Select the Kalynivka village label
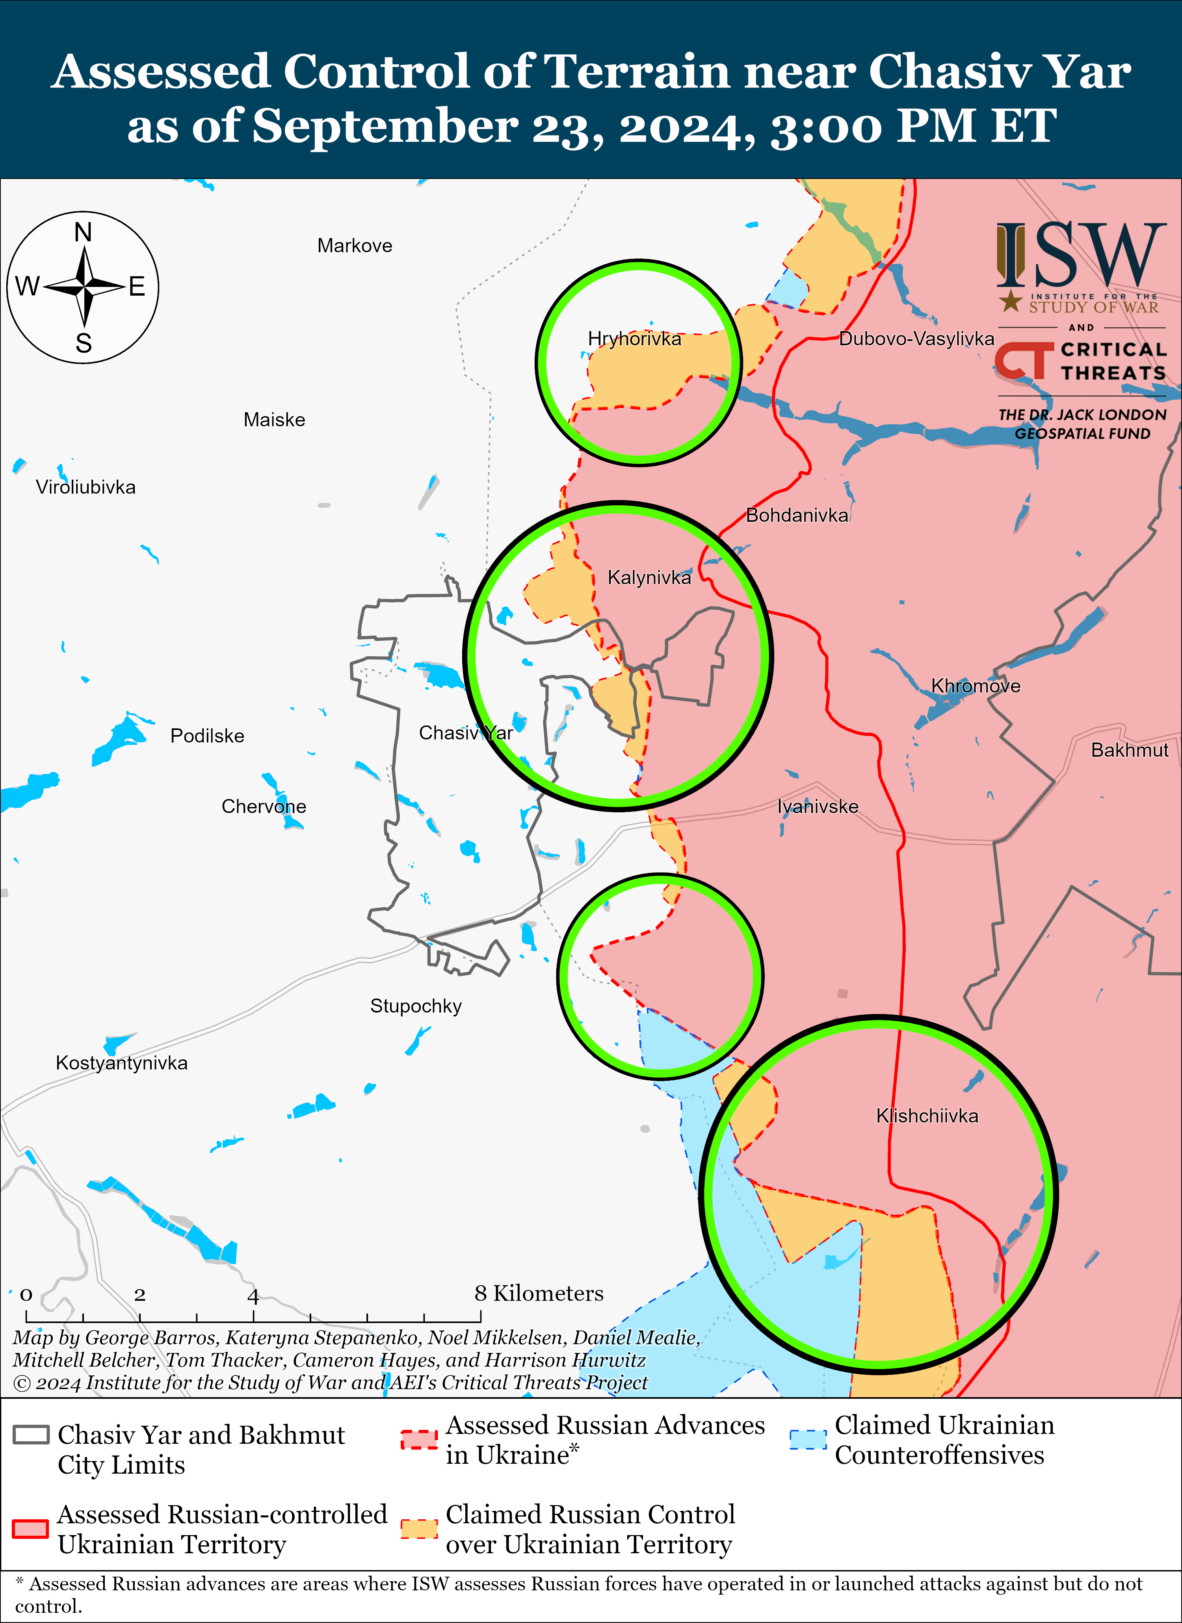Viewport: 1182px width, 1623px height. tap(649, 577)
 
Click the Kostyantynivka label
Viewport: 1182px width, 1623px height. tap(122, 1063)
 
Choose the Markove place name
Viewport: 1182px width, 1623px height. tap(355, 246)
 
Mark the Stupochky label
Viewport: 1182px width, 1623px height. tap(416, 1006)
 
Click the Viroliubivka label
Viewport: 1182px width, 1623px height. tap(86, 487)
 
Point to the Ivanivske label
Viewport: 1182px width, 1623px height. tap(818, 806)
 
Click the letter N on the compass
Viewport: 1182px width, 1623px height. tap(84, 233)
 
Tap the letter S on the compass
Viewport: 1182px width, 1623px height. tap(84, 344)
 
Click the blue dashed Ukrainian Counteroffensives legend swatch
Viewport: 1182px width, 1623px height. tap(808, 1439)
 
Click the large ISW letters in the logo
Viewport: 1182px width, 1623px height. tap(1080, 254)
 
